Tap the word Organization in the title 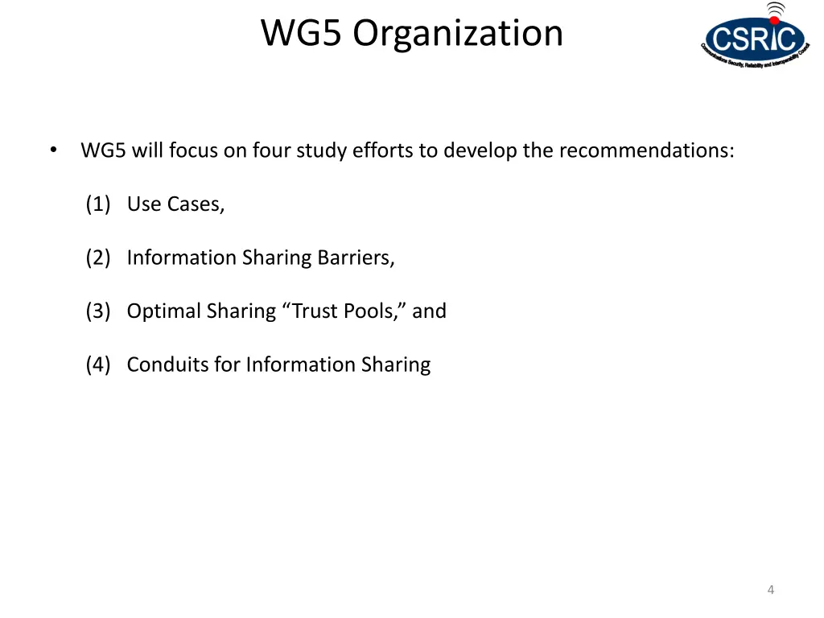click(x=458, y=33)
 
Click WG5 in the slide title click(x=303, y=33)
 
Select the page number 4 click(x=771, y=590)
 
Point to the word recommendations click(x=645, y=150)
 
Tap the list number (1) click(x=98, y=204)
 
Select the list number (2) click(x=98, y=257)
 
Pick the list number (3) click(x=98, y=311)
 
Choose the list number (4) click(x=98, y=365)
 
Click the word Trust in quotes click(x=313, y=311)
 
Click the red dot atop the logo click(x=775, y=19)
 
